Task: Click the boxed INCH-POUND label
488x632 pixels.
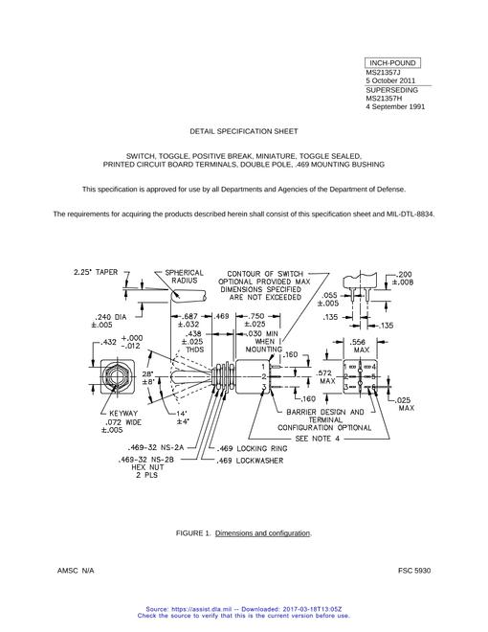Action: tap(392, 63)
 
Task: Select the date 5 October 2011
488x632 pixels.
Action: tap(390, 80)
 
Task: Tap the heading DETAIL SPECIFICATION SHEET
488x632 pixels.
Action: tap(244, 131)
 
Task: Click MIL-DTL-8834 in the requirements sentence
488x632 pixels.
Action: tap(410, 214)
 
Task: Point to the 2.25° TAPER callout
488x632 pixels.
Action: tap(96, 272)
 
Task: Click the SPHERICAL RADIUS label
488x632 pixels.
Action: tap(185, 277)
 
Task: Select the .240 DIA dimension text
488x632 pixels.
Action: tap(109, 321)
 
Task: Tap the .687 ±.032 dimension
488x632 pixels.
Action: tap(189, 320)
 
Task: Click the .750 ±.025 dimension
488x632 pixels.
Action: tap(255, 320)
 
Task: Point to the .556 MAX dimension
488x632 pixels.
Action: tap(361, 346)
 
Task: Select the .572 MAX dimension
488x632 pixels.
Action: tap(326, 377)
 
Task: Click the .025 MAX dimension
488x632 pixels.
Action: tap(403, 404)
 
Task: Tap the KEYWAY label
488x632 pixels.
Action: tap(124, 413)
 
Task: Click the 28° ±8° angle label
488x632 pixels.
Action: tap(147, 377)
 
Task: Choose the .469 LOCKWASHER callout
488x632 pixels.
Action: tap(250, 461)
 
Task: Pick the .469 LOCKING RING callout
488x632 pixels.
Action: tap(252, 448)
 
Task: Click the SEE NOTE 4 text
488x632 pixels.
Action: tap(318, 439)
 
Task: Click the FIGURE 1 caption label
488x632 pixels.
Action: tap(193, 533)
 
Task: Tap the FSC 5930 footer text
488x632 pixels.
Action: tap(414, 571)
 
